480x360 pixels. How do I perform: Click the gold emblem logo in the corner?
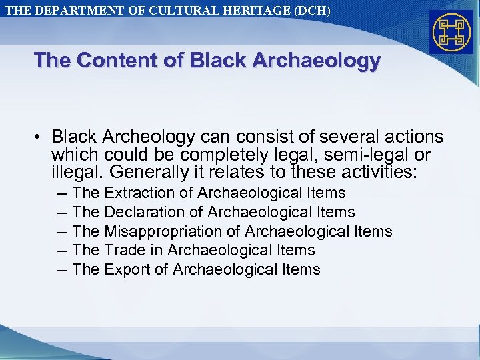click(x=451, y=33)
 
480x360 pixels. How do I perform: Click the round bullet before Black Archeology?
click(x=40, y=137)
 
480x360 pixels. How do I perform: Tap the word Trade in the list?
click(x=123, y=251)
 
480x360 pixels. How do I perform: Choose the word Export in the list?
click(x=125, y=270)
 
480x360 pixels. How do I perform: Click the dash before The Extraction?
click(x=62, y=193)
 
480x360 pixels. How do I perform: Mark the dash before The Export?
click(x=62, y=270)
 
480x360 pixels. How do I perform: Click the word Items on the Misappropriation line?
click(x=372, y=231)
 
